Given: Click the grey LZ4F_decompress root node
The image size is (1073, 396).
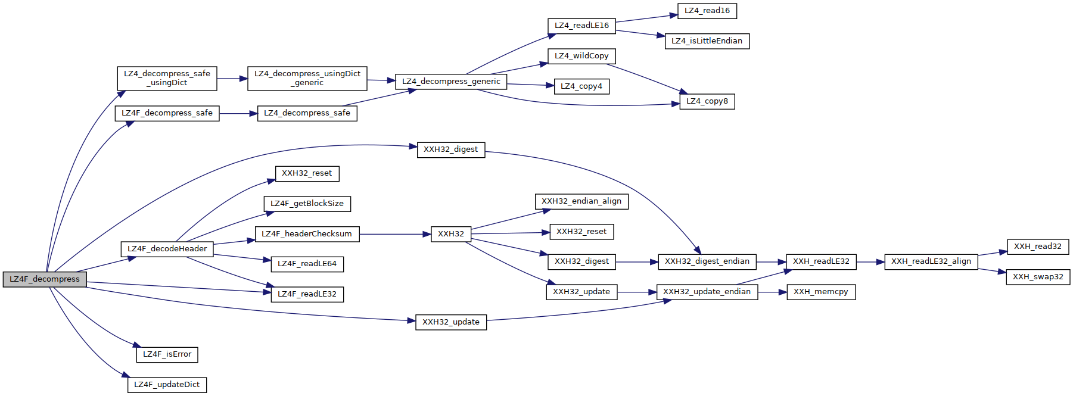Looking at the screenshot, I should click(45, 279).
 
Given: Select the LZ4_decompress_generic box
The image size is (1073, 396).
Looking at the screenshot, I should click(451, 82).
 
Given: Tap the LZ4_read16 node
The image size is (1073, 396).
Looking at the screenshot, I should click(707, 11).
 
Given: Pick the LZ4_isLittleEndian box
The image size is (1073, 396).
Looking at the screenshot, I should click(707, 41).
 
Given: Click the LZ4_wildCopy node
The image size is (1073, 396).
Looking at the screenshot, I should click(581, 56).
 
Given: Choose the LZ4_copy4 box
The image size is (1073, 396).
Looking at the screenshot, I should click(581, 86).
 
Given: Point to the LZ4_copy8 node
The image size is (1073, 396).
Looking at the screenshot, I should click(707, 101).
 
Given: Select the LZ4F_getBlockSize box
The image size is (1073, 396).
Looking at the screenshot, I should click(307, 204).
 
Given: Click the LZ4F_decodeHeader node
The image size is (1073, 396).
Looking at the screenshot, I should click(167, 249).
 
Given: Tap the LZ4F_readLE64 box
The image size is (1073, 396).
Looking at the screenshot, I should click(307, 264).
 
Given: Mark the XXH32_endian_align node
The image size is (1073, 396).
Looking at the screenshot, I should click(581, 201).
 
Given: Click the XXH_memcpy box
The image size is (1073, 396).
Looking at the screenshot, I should click(820, 292).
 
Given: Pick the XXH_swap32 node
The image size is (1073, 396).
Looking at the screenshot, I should click(1037, 277).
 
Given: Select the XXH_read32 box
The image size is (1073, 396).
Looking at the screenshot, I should click(1037, 247).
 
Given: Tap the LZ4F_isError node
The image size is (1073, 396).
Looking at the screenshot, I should click(167, 354).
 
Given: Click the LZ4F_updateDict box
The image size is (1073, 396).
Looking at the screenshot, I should click(167, 385).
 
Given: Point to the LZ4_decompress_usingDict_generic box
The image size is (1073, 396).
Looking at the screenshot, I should click(307, 78).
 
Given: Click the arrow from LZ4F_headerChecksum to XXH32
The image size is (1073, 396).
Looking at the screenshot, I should click(395, 234).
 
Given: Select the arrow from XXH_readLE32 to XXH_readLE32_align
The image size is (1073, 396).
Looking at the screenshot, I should click(870, 261).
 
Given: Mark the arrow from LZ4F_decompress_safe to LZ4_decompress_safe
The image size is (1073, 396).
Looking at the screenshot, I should click(238, 113).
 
